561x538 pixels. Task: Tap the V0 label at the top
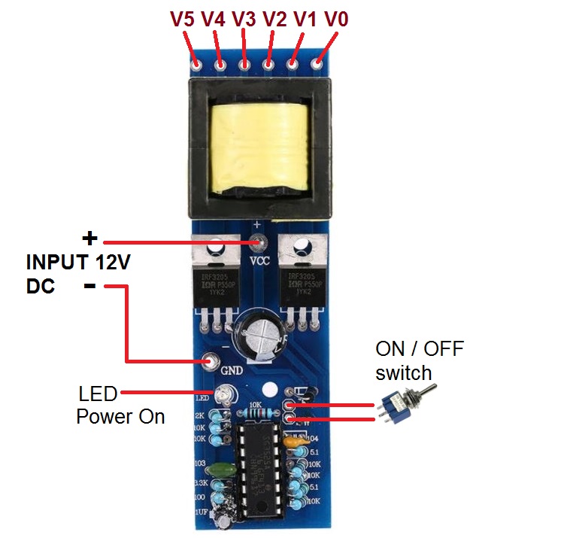[335, 18]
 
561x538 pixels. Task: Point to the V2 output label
[275, 18]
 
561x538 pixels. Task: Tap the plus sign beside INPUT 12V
[89, 239]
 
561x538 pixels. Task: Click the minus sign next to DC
[89, 287]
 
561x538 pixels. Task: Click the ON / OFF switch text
[420, 360]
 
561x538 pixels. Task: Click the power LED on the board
[223, 394]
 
